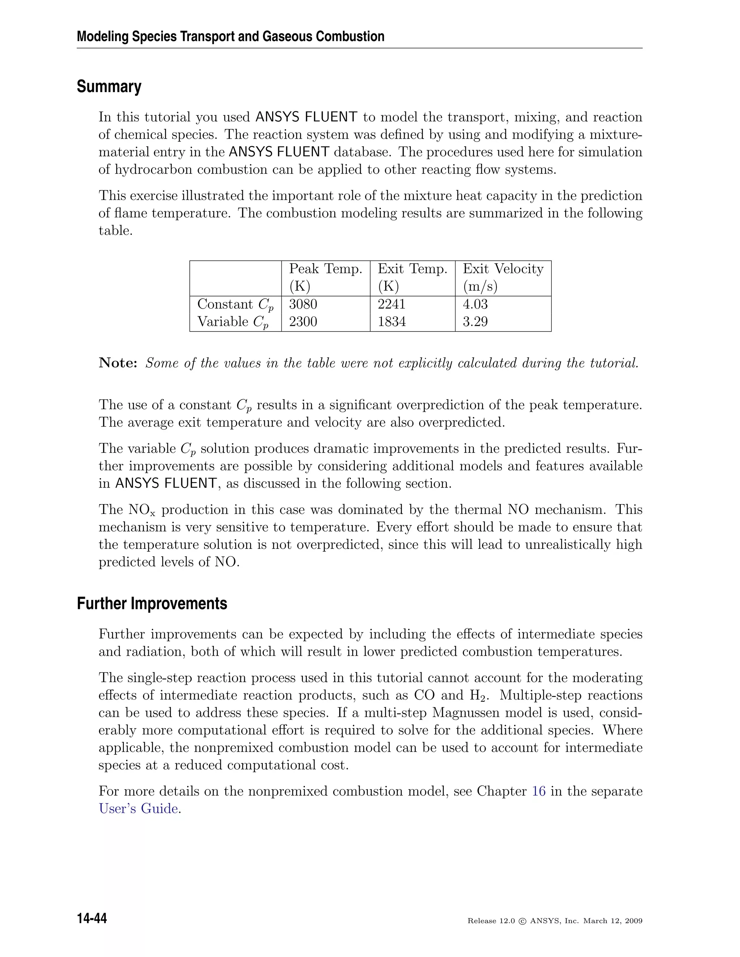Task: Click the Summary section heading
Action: pos(109,87)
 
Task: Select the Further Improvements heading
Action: pos(152,603)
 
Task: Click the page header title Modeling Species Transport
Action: pos(231,36)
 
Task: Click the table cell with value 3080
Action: pos(303,304)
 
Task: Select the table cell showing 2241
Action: pos(391,304)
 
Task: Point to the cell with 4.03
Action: pos(475,304)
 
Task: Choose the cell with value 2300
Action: pos(303,322)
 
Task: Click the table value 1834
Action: pos(391,322)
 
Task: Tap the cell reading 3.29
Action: pos(475,322)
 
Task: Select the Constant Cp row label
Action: pos(235,304)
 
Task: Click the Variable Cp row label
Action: pos(232,322)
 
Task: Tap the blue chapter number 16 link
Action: pos(538,791)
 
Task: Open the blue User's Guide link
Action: pos(138,809)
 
